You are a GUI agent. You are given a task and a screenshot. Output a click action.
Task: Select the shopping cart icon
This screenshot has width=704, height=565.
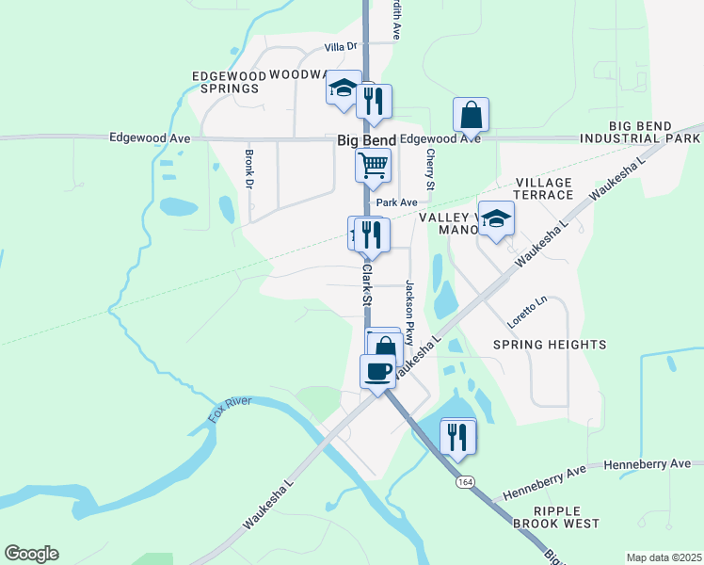pos(373,167)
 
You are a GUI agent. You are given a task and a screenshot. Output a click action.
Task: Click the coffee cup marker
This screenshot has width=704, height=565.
pos(378,371)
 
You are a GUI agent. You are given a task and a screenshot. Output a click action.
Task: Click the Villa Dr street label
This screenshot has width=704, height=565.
pos(342,46)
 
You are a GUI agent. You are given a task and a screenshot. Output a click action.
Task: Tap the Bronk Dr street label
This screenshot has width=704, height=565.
pos(249,168)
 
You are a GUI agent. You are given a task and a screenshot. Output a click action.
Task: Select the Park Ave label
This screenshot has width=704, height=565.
pos(396,202)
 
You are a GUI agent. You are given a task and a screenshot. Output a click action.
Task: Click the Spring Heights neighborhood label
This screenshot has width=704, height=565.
pos(549,345)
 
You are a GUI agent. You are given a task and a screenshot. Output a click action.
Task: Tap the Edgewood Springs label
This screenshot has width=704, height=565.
pos(225,82)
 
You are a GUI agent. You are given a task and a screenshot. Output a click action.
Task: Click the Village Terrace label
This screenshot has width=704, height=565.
pos(544,188)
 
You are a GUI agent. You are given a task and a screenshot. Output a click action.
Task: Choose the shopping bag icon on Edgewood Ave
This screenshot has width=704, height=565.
pos(471,116)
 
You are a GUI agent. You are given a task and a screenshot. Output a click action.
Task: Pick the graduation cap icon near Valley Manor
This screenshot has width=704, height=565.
pos(496,220)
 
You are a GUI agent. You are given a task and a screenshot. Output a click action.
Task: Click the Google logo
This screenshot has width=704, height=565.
pos(31,554)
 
